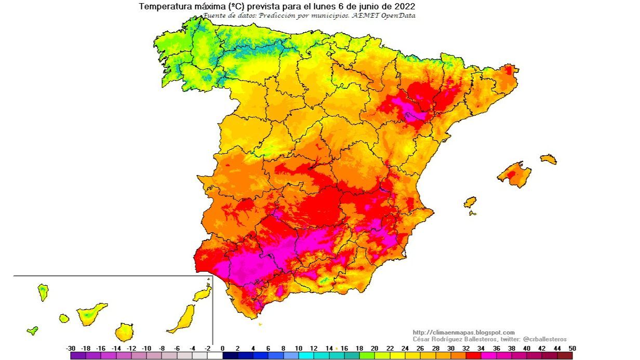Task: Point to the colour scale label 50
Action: click(x=572, y=349)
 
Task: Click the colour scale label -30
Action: click(x=72, y=349)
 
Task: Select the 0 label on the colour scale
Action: click(x=222, y=349)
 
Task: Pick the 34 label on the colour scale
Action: click(x=481, y=349)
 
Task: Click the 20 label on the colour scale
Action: click(x=375, y=349)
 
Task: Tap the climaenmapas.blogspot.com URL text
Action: click(x=463, y=332)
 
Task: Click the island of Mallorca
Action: click(x=514, y=174)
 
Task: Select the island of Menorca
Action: click(x=549, y=159)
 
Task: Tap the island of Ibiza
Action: click(x=470, y=202)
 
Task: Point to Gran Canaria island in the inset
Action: click(x=124, y=331)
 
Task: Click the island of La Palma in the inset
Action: click(x=43, y=292)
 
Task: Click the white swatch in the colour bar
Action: click(x=215, y=356)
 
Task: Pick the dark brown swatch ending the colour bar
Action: click(x=565, y=356)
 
